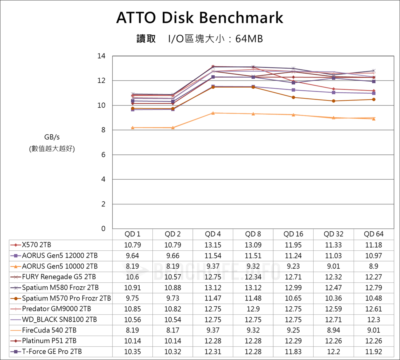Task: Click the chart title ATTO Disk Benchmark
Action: pos(200,18)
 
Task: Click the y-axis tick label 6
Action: pos(103,155)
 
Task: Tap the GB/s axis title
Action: pos(52,137)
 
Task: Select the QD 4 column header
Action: pos(213,234)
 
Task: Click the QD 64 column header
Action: pos(374,234)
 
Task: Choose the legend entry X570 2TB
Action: pos(36,245)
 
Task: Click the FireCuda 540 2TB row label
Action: pos(49,330)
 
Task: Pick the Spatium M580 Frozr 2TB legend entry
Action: pos(60,288)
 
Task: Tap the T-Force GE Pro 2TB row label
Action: pos(52,352)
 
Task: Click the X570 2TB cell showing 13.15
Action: pos(213,245)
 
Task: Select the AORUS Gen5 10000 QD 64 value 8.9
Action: pos(374,266)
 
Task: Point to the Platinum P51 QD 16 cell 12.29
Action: pos(293,341)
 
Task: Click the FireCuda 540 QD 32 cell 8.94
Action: pos(334,330)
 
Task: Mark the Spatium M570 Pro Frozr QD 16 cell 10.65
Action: pos(293,298)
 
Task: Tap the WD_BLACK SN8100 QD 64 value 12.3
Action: pos(374,320)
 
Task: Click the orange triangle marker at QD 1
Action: pos(133,128)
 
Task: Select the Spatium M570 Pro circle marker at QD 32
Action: pos(334,101)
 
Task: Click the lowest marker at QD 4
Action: pos(213,113)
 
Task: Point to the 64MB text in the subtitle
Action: pos(249,39)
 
